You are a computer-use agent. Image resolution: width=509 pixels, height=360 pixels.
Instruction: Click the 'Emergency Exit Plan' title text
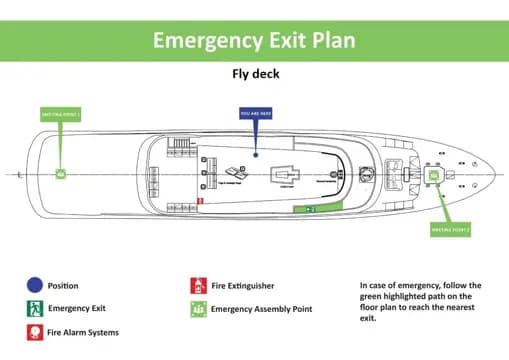[254, 40]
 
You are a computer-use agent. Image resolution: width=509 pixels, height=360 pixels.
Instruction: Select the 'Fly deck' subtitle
[254, 73]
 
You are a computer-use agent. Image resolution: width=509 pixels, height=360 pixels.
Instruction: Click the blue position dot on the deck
[256, 153]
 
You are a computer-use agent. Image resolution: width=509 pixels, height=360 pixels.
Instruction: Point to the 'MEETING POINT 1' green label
[60, 114]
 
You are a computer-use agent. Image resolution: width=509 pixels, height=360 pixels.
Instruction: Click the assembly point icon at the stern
[60, 174]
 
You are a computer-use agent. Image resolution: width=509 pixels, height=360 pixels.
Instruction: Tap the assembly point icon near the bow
[434, 175]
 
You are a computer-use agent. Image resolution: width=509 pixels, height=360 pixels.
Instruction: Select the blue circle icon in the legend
[34, 286]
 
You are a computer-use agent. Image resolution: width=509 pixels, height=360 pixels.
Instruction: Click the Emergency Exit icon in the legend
[34, 309]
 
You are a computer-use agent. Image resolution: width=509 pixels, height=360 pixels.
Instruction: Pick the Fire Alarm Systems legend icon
[34, 332]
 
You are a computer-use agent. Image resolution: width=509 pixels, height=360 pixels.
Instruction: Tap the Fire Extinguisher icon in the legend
[197, 286]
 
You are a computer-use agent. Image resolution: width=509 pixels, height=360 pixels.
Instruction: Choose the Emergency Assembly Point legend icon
[197, 309]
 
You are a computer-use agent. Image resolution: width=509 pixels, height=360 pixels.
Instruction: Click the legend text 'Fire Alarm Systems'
[84, 332]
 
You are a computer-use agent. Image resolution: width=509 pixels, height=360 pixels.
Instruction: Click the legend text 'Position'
[63, 286]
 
